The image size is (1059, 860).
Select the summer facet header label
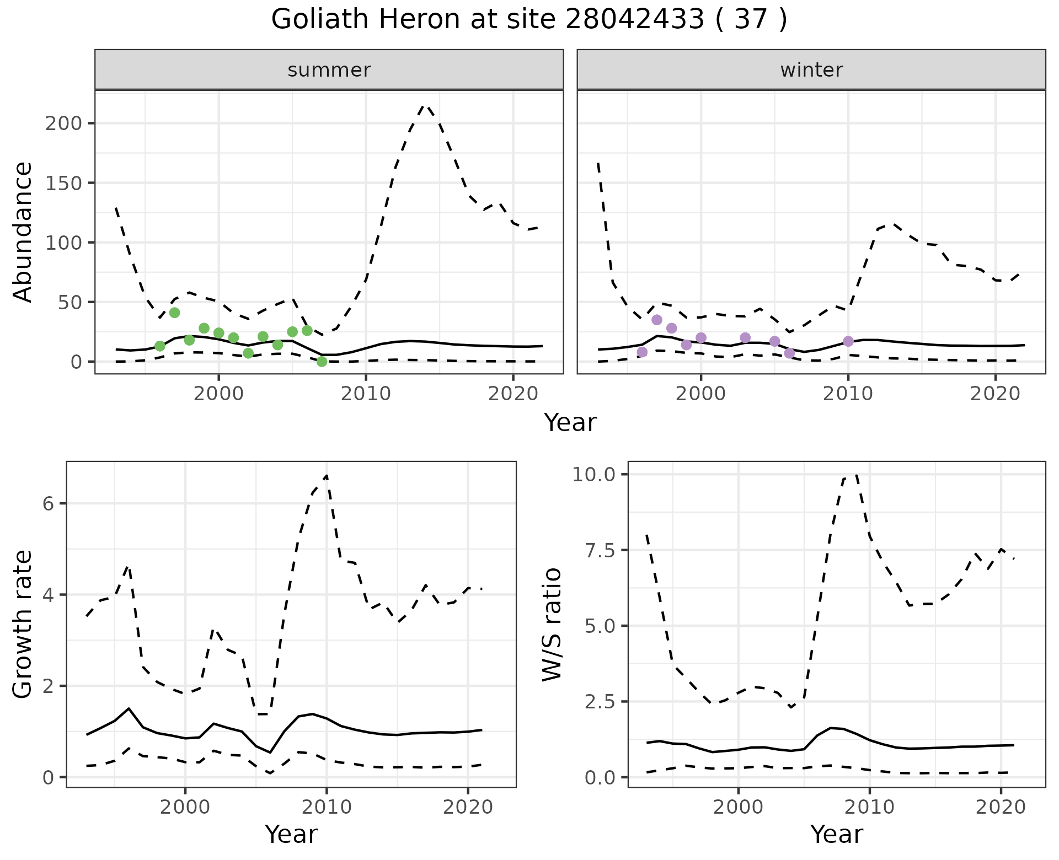tap(329, 70)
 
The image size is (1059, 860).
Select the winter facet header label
tap(811, 70)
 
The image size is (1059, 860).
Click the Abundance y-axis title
tap(23, 232)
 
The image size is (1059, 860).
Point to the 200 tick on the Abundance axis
tap(63, 123)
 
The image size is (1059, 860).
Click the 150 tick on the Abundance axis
tap(63, 183)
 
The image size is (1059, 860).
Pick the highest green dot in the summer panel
tap(174, 313)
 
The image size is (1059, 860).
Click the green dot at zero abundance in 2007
tap(322, 362)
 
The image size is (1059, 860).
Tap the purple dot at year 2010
tap(848, 341)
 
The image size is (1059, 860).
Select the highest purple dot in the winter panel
tap(657, 320)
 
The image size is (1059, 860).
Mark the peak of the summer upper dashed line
tap(425, 105)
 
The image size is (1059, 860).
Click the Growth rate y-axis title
tap(23, 624)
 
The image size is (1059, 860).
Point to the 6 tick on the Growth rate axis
tap(47, 504)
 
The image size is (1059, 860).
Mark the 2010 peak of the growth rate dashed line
tap(327, 475)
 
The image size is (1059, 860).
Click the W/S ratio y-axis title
tap(552, 624)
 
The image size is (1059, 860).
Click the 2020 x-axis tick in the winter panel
tap(996, 394)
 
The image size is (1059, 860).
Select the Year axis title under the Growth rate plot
tap(291, 834)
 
